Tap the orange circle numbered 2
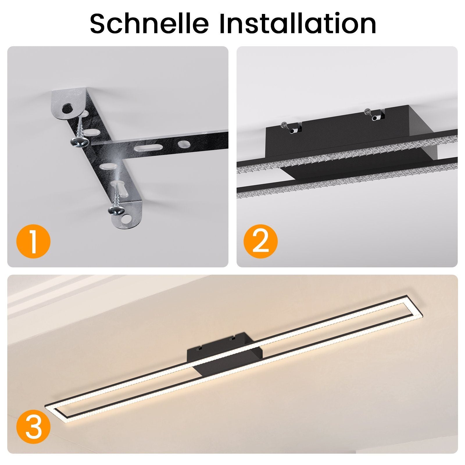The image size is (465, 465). click(261, 241)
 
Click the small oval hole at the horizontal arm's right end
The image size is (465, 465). click(183, 144)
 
